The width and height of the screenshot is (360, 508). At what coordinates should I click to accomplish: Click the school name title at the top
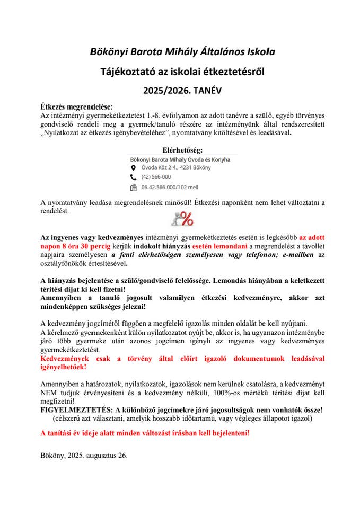point(182,52)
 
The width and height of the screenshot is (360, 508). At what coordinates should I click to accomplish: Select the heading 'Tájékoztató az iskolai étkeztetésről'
point(182,71)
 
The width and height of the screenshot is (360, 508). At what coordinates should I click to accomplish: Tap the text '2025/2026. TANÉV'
point(182,91)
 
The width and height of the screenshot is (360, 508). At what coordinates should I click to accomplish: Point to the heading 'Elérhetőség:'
point(182,150)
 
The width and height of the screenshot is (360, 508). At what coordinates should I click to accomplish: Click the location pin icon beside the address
point(134,168)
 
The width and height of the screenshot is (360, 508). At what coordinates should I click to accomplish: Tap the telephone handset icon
point(134,177)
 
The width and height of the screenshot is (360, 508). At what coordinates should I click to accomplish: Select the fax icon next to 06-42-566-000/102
point(134,188)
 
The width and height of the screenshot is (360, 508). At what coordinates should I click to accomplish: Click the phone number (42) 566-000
point(156,177)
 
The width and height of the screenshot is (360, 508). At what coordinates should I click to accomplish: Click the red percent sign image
point(182,218)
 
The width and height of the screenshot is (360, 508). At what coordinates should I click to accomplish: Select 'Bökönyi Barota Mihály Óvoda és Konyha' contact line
point(175,159)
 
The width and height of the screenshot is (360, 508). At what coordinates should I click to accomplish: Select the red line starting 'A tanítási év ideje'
point(145,433)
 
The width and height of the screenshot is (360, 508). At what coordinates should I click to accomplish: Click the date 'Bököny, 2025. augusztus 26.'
point(84,455)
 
